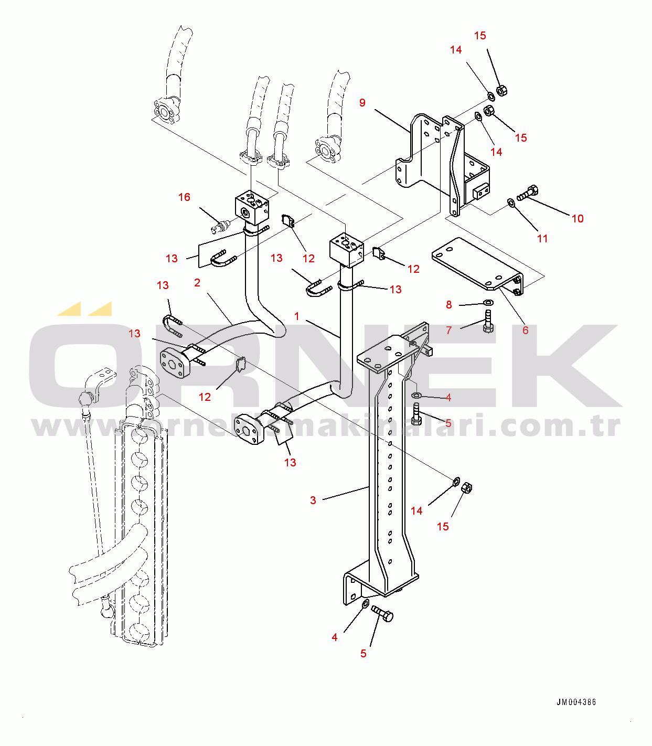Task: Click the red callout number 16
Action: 184,197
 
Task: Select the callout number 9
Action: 362,103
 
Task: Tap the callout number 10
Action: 578,219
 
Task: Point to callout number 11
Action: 542,239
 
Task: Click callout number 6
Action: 525,330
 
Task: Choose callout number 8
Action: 449,305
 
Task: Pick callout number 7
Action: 449,330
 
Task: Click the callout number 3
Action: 313,500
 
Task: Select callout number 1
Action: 297,316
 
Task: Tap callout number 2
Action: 197,283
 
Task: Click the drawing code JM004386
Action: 576,702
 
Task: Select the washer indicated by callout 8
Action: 488,303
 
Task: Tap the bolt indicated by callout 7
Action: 488,322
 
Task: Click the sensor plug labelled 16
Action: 220,227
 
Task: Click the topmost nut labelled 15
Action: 500,90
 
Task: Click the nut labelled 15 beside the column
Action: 467,487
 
